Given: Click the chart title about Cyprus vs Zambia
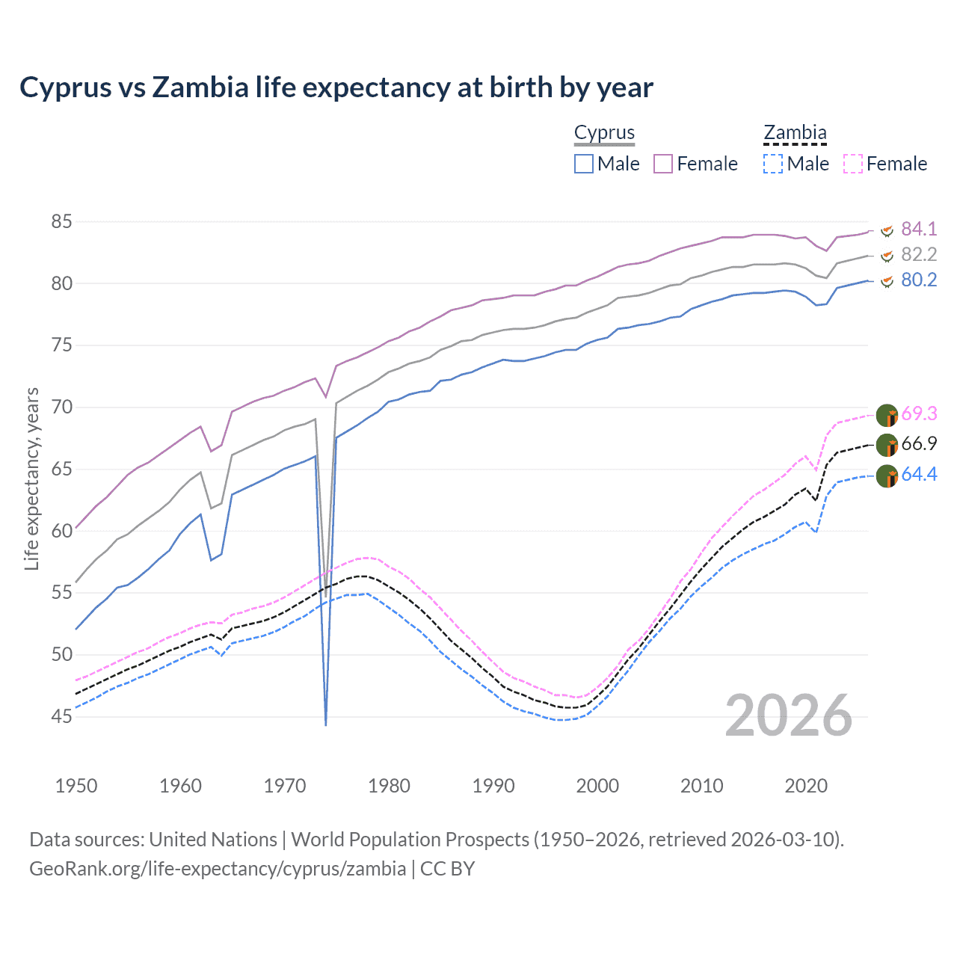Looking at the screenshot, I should (x=336, y=87).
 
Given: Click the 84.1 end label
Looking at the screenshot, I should (x=919, y=229).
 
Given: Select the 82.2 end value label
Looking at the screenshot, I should (x=919, y=254).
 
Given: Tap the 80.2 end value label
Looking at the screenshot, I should (x=919, y=280).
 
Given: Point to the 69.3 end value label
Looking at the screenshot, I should (x=919, y=413).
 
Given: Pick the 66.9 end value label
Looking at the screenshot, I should (x=919, y=443).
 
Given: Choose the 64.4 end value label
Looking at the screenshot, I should (x=919, y=474).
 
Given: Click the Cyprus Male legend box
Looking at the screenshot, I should (x=584, y=164).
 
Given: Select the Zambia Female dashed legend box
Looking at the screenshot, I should (x=853, y=164).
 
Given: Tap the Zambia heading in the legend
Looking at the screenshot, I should (x=795, y=133).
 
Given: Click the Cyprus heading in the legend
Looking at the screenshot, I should (x=604, y=133).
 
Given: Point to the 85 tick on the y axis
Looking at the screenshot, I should (x=62, y=222).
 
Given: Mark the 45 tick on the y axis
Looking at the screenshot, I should (x=62, y=716).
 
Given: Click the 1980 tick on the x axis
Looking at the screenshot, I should (x=389, y=786).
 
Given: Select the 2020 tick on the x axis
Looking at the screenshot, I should (x=806, y=786).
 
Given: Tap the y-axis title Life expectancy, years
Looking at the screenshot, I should (x=31, y=478).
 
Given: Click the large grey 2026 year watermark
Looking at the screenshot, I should (x=789, y=716).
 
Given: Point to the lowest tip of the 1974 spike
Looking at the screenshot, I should (x=326, y=724).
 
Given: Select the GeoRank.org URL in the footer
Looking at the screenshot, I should (x=218, y=869).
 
